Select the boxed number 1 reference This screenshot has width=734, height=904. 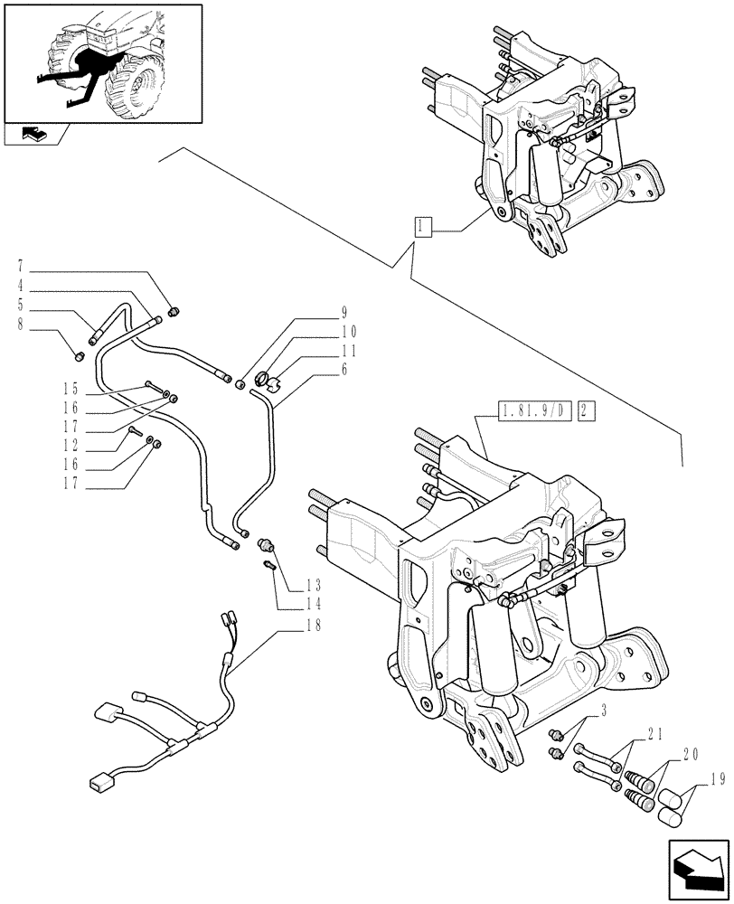click(422, 226)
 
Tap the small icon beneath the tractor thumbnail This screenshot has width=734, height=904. click(34, 135)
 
